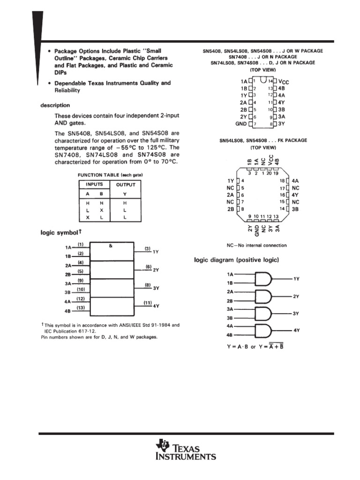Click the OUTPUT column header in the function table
[x=125, y=185]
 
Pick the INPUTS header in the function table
[x=94, y=185]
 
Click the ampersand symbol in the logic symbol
[x=111, y=245]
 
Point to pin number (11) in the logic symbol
[x=147, y=303]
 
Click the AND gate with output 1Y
[x=263, y=279]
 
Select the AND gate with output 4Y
[x=263, y=330]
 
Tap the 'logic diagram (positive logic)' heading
[x=237, y=260]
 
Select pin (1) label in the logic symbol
[x=81, y=244]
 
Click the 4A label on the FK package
[x=295, y=180]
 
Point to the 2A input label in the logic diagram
[x=230, y=292]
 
